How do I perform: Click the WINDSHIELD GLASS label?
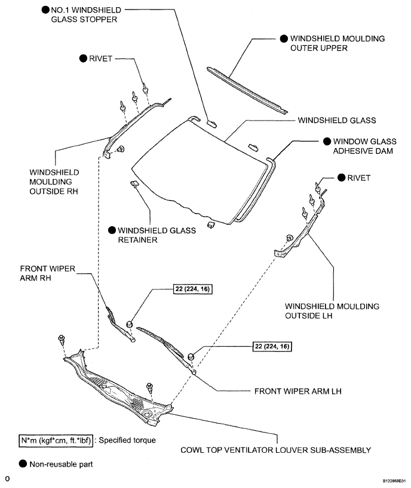pyautogui.click(x=336, y=120)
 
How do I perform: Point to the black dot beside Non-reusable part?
pyautogui.click(x=22, y=463)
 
